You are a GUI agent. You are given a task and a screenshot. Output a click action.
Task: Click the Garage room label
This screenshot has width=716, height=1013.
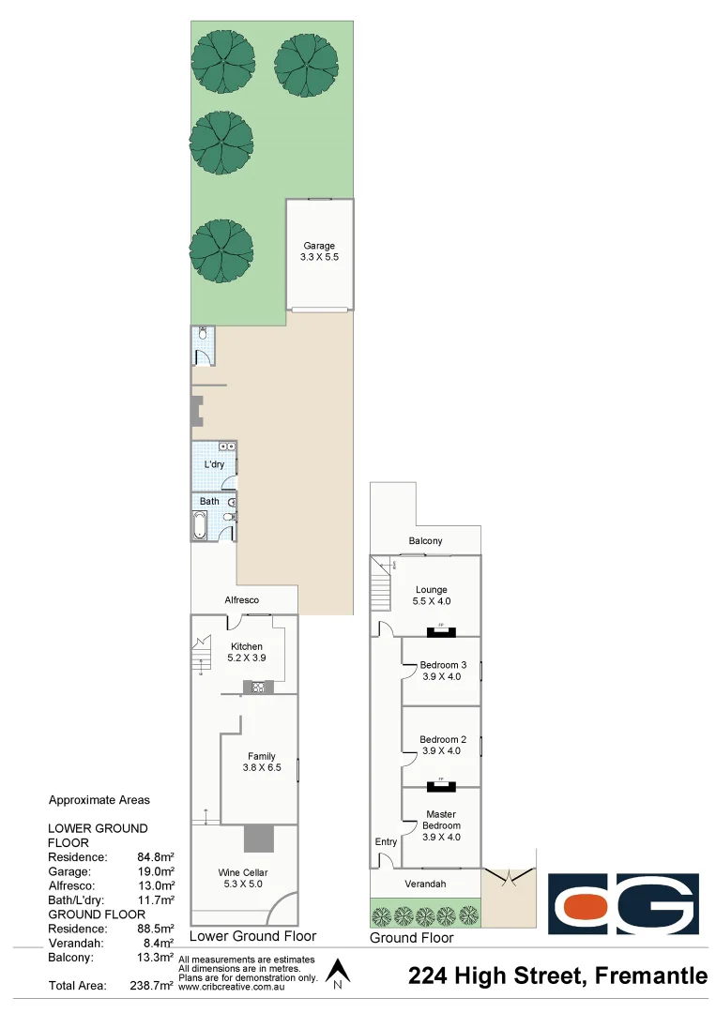tap(319, 246)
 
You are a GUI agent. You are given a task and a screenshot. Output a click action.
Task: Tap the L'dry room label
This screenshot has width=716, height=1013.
tap(213, 465)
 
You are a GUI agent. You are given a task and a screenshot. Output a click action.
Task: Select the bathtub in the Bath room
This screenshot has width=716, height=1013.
tap(201, 524)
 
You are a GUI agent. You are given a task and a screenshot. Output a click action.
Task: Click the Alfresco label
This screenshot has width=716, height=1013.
tap(241, 599)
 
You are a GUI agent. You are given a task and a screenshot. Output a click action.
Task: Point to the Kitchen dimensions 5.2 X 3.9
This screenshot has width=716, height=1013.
tap(247, 658)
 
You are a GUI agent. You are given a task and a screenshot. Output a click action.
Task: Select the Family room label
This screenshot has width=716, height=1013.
tap(261, 756)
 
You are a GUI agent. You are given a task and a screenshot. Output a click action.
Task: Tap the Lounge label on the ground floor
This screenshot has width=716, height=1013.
tap(430, 589)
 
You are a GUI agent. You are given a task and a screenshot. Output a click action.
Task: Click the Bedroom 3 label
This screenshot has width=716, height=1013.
tap(441, 664)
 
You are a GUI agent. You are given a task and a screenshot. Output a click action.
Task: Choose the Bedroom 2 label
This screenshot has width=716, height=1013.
tap(441, 739)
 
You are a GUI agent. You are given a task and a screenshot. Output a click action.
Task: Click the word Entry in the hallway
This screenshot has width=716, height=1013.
tap(386, 841)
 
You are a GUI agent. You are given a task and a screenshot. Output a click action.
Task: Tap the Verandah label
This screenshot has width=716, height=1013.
tap(425, 884)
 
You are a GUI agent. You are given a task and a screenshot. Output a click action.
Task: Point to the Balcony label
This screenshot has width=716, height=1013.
tap(425, 541)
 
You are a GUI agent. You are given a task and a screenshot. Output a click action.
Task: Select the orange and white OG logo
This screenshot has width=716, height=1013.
tap(623, 904)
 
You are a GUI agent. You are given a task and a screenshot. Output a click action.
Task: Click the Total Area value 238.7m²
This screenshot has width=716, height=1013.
tap(151, 986)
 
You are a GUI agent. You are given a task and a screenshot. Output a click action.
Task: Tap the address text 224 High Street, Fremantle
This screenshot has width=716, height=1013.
tap(558, 976)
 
